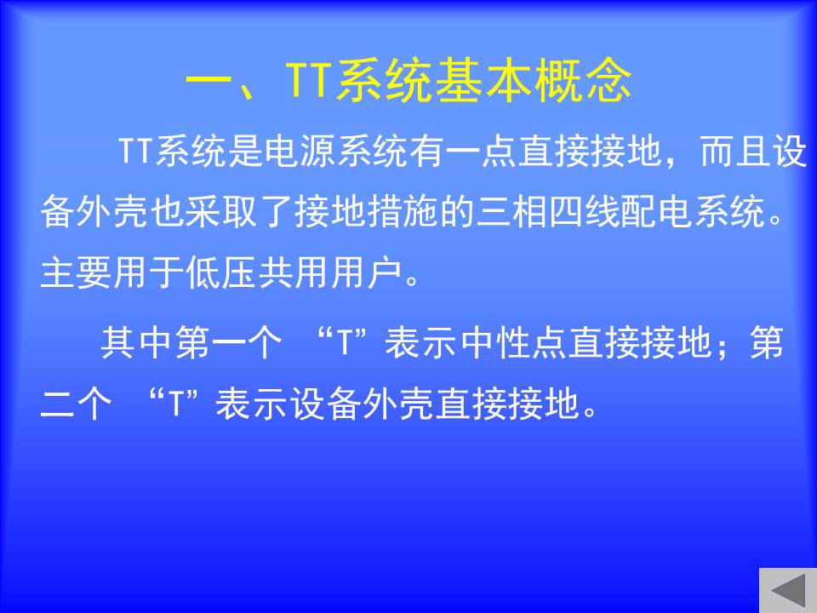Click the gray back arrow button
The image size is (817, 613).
(x=788, y=591)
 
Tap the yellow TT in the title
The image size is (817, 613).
(x=309, y=80)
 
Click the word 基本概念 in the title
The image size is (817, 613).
(x=534, y=80)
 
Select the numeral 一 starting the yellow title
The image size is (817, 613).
(x=209, y=81)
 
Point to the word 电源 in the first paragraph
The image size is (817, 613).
(x=300, y=152)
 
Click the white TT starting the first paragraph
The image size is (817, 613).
(x=136, y=152)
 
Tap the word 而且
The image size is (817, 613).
(x=735, y=152)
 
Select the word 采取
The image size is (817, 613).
(x=220, y=212)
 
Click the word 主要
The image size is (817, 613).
(x=76, y=272)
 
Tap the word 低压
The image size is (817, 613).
(x=221, y=272)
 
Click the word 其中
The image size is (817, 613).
(x=135, y=343)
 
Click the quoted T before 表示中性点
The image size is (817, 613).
(x=344, y=343)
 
